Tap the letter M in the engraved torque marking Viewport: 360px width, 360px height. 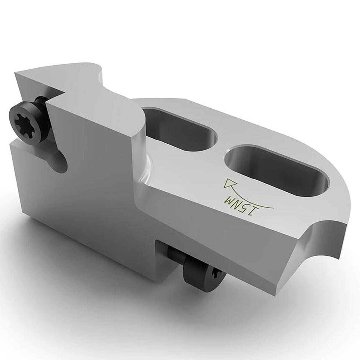[228, 199]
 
